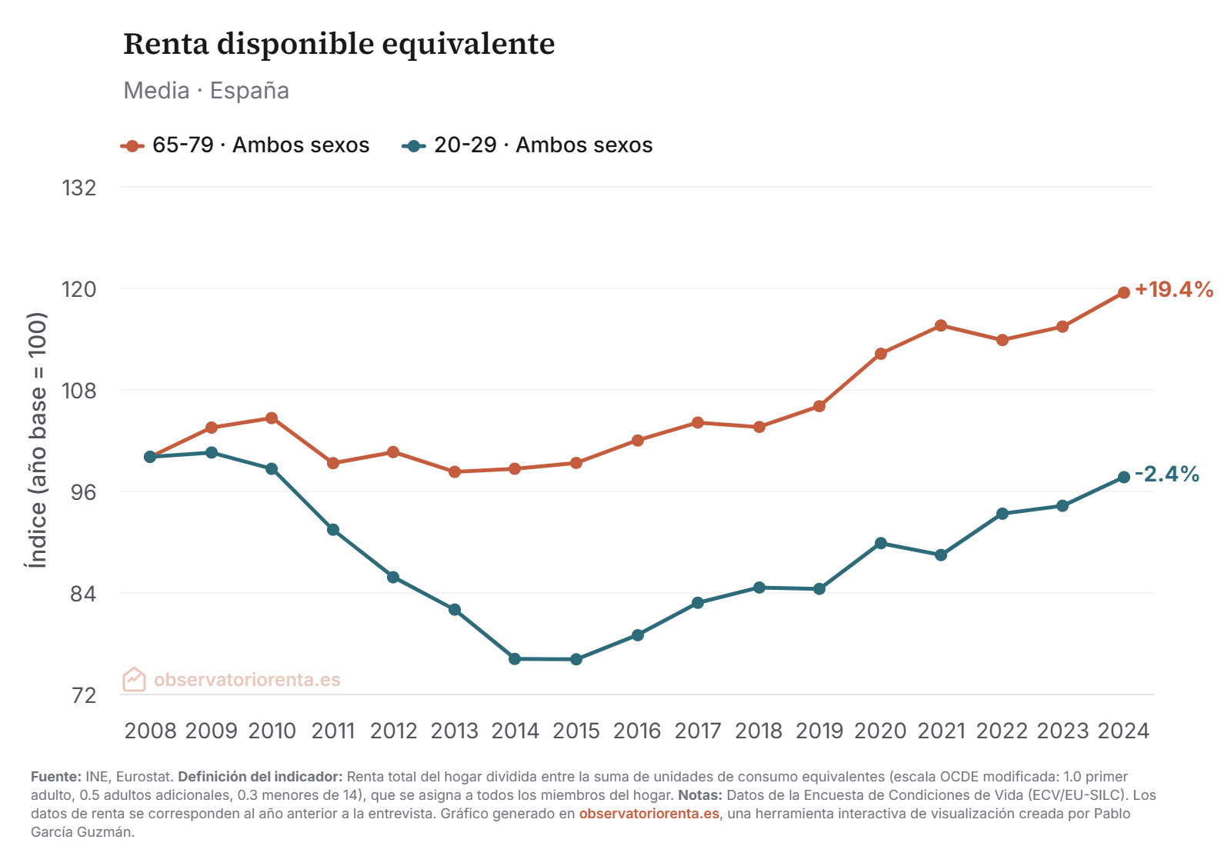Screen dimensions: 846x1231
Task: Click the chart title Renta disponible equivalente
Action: click(339, 44)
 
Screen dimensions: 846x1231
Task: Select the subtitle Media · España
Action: click(206, 91)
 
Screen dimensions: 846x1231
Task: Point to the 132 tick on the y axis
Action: click(79, 188)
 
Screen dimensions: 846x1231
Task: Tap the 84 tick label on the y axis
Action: click(79, 594)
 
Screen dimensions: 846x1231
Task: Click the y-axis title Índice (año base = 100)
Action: click(37, 440)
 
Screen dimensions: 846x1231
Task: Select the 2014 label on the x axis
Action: click(515, 731)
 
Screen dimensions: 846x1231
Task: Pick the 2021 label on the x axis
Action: click(941, 731)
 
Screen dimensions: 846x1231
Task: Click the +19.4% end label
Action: click(1173, 290)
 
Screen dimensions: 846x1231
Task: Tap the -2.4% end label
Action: click(1166, 475)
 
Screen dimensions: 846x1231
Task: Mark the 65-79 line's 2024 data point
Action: click(1123, 292)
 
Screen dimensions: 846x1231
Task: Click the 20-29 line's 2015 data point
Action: click(575, 659)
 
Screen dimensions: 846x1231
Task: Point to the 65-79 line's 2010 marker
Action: click(272, 418)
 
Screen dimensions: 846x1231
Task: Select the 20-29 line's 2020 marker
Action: click(880, 544)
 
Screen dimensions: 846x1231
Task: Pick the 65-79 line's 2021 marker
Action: click(940, 326)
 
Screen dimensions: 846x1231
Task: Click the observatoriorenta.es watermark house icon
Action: click(134, 679)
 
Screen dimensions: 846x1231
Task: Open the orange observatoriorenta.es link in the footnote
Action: click(649, 814)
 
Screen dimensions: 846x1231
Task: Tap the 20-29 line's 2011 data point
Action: click(332, 530)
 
